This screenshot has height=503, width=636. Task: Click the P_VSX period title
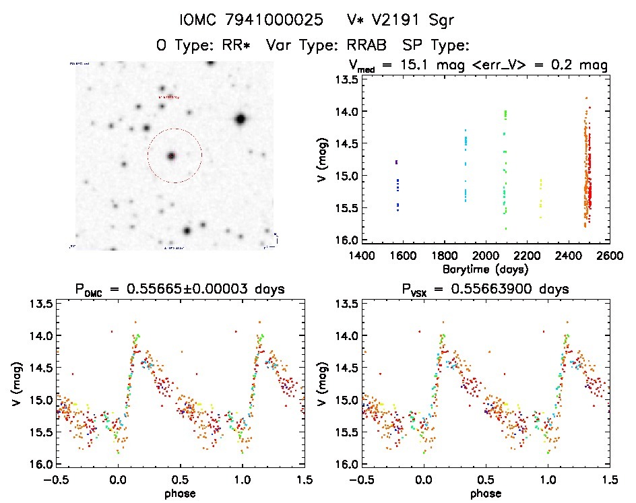[x=482, y=290]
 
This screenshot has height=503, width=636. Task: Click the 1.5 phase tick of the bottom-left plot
[x=304, y=479]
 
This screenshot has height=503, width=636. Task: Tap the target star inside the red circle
[x=171, y=156]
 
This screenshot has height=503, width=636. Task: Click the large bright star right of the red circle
[x=240, y=119]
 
